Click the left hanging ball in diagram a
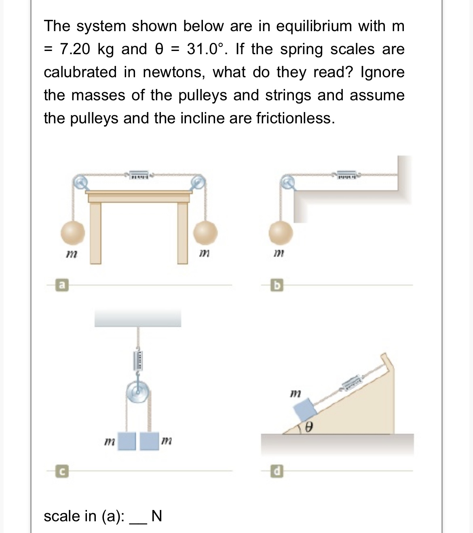pyautogui.click(x=73, y=233)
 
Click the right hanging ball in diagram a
pyautogui.click(x=206, y=233)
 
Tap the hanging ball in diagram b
pyautogui.click(x=281, y=233)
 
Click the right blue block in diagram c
pyautogui.click(x=150, y=441)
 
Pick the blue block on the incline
pyautogui.click(x=306, y=410)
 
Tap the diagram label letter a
pyautogui.click(x=62, y=286)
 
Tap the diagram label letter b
pyautogui.click(x=277, y=286)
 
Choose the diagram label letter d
pyautogui.click(x=277, y=471)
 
